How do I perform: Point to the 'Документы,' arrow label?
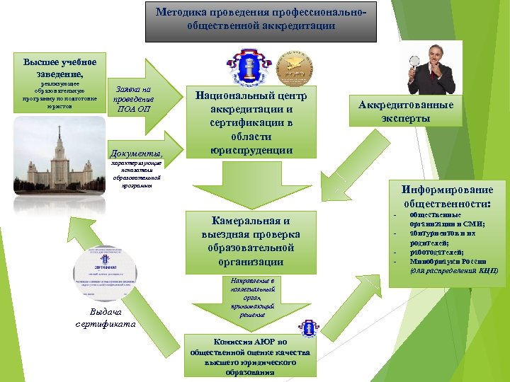pos(137,153)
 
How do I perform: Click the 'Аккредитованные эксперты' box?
pos(405,112)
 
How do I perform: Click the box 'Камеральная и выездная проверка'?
pos(251,241)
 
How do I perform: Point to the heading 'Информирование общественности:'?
pos(446,196)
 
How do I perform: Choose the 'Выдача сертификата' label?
pos(106,318)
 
